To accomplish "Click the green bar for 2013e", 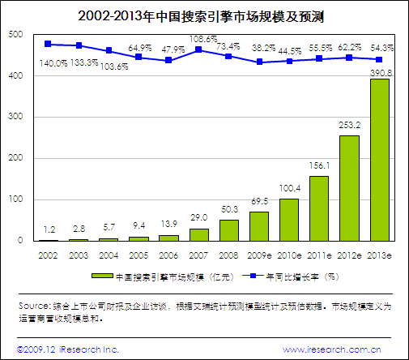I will pos(379,160).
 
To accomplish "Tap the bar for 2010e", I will pos(288,220).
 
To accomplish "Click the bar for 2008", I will pos(228,230).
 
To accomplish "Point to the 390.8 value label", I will pos(379,72).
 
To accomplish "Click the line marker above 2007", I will pos(198,50).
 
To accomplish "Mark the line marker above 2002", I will pos(48,44).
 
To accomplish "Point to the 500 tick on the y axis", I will pos(14,35).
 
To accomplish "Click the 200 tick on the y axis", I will pos(14,158).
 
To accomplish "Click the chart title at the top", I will pos(204,15).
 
